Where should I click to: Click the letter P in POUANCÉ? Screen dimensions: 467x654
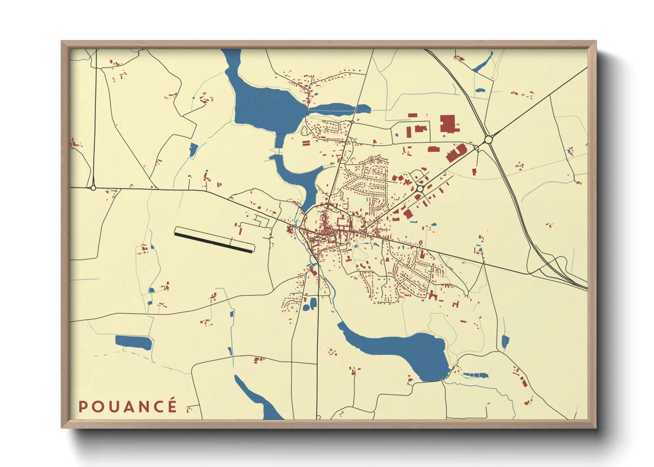[83, 407]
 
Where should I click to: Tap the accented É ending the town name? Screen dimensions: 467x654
[172, 406]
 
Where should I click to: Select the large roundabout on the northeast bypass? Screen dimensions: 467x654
[488, 140]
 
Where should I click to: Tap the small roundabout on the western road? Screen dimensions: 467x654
[93, 188]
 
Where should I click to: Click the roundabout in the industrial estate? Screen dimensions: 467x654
[419, 188]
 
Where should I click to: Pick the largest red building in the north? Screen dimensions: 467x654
[448, 124]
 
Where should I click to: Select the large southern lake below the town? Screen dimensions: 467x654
[407, 349]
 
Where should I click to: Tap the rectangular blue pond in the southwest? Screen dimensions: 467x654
[133, 342]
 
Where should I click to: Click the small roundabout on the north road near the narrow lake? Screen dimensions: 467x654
[352, 122]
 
